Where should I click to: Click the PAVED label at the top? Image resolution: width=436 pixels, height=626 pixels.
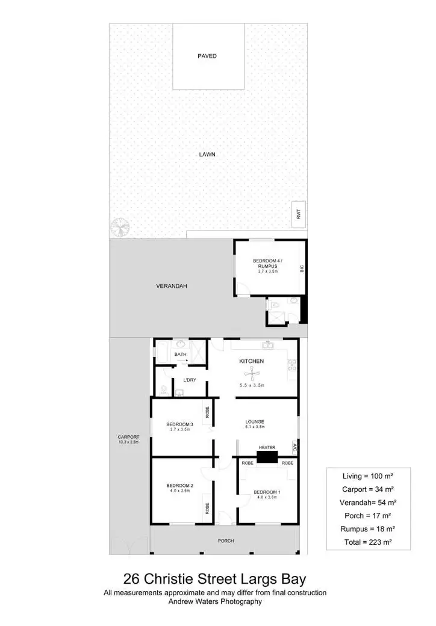pos(207,56)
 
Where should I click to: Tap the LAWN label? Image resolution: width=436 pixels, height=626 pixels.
pos(207,155)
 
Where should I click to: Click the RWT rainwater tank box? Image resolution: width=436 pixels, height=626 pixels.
pos(299,214)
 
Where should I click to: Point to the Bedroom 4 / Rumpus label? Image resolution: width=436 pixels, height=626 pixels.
pos(267,262)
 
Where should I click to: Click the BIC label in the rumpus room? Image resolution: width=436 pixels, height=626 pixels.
pos(302,268)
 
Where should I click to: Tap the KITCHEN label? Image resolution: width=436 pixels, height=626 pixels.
pos(252,361)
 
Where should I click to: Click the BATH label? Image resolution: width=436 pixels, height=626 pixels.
pos(180,355)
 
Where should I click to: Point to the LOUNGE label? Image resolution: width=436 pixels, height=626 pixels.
pos(255,421)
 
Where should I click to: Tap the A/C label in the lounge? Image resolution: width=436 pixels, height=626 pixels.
pos(294,447)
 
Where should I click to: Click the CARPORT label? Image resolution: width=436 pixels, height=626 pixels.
pos(129,437)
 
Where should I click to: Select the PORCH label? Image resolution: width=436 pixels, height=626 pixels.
pos(225,541)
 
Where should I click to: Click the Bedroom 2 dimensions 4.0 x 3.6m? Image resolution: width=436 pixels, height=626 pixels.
pos(179,491)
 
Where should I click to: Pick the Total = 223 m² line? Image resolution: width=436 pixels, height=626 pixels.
pos(368,542)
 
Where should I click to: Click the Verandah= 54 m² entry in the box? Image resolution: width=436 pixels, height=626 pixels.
pos(368,502)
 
